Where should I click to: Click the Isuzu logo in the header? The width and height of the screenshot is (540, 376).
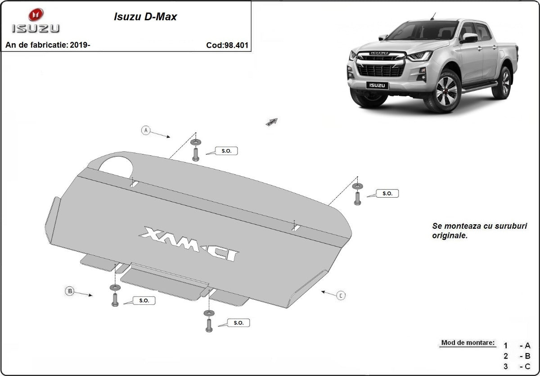35,21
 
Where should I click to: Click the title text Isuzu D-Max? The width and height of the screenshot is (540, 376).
144,17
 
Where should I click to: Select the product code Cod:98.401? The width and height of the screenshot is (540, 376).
227,45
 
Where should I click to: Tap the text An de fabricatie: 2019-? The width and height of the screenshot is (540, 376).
48,45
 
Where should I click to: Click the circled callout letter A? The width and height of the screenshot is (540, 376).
145,130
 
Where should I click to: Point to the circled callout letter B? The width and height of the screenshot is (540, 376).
70,291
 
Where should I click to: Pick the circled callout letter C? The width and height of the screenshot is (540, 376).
341,295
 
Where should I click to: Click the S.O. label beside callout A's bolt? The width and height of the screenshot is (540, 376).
226,151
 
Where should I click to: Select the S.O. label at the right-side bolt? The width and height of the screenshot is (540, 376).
387,194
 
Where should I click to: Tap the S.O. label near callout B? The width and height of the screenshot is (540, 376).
144,300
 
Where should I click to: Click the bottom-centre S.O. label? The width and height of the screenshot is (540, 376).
238,323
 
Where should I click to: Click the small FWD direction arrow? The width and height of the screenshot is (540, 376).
272,122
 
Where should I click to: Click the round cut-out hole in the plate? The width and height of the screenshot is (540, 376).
116,165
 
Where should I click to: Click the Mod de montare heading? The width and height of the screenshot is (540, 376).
468,343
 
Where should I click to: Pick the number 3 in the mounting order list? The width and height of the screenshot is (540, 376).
505,366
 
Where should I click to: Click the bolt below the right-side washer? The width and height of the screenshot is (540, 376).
357,199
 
